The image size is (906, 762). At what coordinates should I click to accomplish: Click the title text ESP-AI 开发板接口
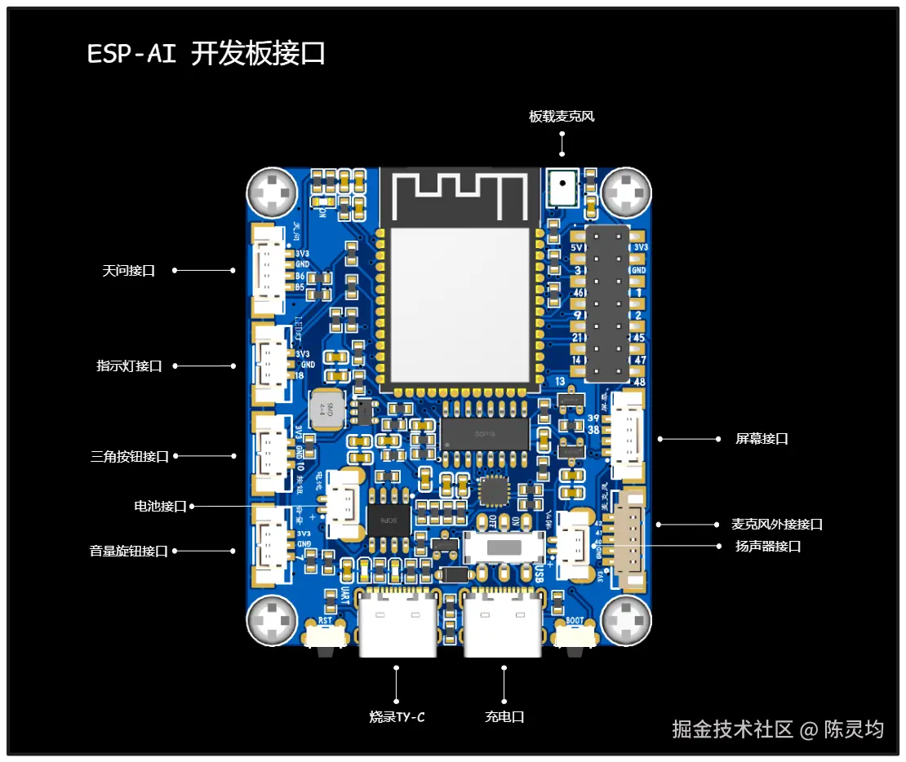pyautogui.click(x=207, y=54)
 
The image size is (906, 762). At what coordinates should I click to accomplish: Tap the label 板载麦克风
pyautogui.click(x=562, y=117)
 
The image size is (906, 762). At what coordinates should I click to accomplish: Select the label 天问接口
pyautogui.click(x=129, y=270)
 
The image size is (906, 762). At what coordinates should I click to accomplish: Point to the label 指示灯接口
pyautogui.click(x=129, y=366)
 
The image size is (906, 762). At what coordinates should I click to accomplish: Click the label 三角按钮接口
pyautogui.click(x=130, y=456)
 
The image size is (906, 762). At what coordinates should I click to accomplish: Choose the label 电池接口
pyautogui.click(x=161, y=507)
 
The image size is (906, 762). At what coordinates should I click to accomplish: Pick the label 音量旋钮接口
pyautogui.click(x=129, y=551)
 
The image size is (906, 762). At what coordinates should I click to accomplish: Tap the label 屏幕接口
pyautogui.click(x=762, y=439)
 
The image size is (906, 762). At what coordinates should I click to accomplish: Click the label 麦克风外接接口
pyautogui.click(x=777, y=525)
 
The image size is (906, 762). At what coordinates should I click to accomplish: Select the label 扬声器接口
pyautogui.click(x=768, y=547)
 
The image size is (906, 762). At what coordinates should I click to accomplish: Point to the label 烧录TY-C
pyautogui.click(x=397, y=717)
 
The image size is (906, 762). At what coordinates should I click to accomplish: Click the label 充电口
pyautogui.click(x=504, y=717)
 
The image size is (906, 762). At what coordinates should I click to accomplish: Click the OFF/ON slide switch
pyautogui.click(x=504, y=547)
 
